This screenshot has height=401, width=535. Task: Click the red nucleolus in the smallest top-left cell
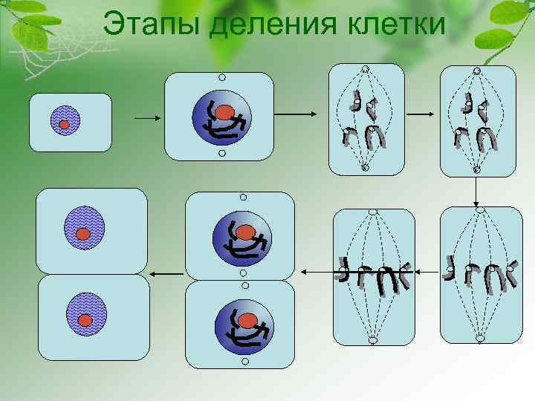[x=65, y=124]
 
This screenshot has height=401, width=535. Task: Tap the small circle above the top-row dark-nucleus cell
[x=221, y=76]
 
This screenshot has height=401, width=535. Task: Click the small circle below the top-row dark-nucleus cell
[x=221, y=154]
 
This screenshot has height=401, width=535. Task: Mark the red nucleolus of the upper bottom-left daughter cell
[x=83, y=235]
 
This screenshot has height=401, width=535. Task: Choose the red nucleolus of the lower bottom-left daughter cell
[x=85, y=320]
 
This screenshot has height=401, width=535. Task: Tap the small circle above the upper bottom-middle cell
[x=243, y=198]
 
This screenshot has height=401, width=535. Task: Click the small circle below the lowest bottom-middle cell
[x=242, y=363]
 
